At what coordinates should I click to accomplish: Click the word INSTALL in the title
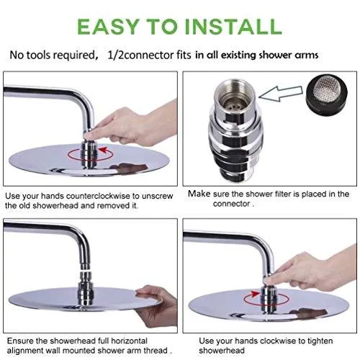point(233,27)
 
